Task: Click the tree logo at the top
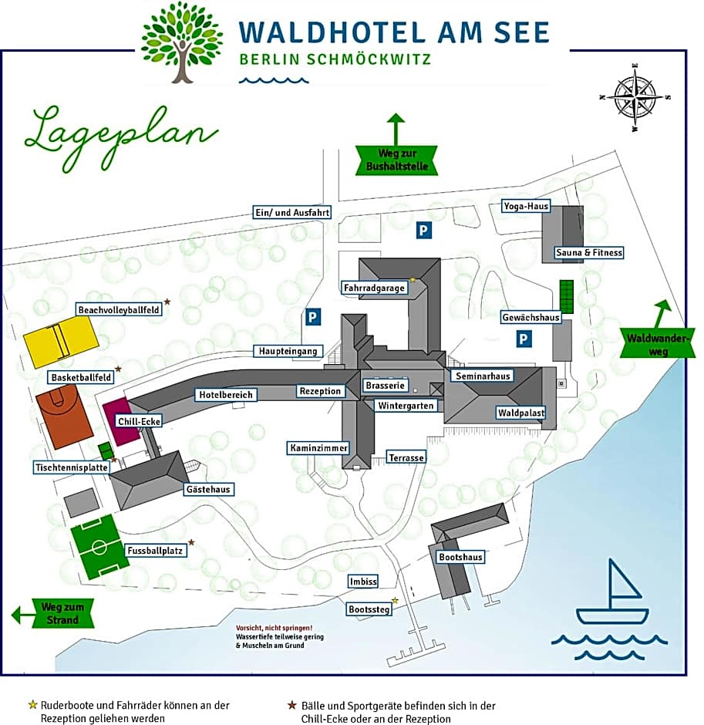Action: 182,41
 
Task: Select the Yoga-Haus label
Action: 526,206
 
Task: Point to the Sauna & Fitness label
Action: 588,252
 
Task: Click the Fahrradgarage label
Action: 374,288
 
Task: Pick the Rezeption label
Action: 320,391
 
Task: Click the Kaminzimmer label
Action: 318,448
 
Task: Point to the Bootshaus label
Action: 460,557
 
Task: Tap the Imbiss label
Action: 362,582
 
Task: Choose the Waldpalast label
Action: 520,413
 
